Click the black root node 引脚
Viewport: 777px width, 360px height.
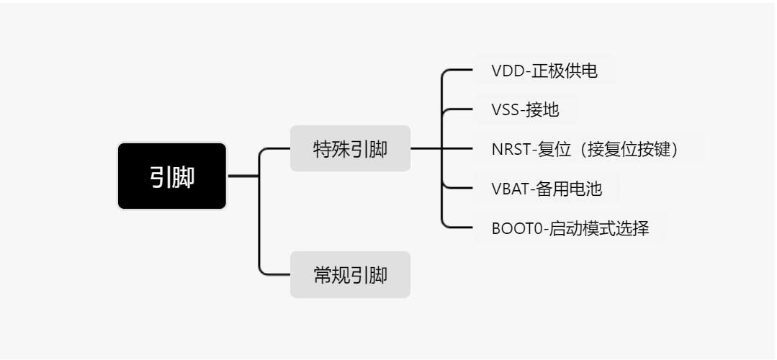pyautogui.click(x=172, y=176)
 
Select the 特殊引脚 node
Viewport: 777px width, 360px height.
pyautogui.click(x=350, y=148)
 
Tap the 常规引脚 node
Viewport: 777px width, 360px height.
pyautogui.click(x=350, y=274)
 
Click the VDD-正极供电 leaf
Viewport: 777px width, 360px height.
pyautogui.click(x=544, y=71)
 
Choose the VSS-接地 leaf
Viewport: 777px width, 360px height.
pyautogui.click(x=525, y=109)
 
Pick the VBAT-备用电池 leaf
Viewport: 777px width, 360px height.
pyautogui.click(x=547, y=189)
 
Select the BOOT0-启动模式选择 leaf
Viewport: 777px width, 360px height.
pyautogui.click(x=570, y=228)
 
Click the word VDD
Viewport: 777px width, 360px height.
pyautogui.click(x=506, y=71)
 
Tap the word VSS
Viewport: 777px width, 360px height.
pyautogui.click(x=506, y=109)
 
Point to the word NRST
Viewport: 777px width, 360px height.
pyautogui.click(x=510, y=149)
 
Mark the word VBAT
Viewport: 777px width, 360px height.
pyautogui.click(x=509, y=189)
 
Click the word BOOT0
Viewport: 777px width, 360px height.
pyautogui.click(x=513, y=228)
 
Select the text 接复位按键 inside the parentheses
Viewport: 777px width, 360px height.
pyautogui.click(x=632, y=149)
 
